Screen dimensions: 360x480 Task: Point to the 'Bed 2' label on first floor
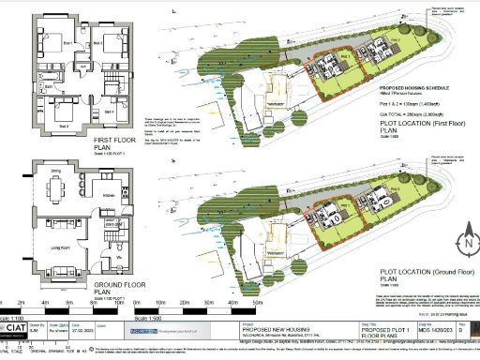(x=64, y=123)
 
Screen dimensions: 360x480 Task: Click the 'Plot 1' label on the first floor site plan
(x=343, y=57)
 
